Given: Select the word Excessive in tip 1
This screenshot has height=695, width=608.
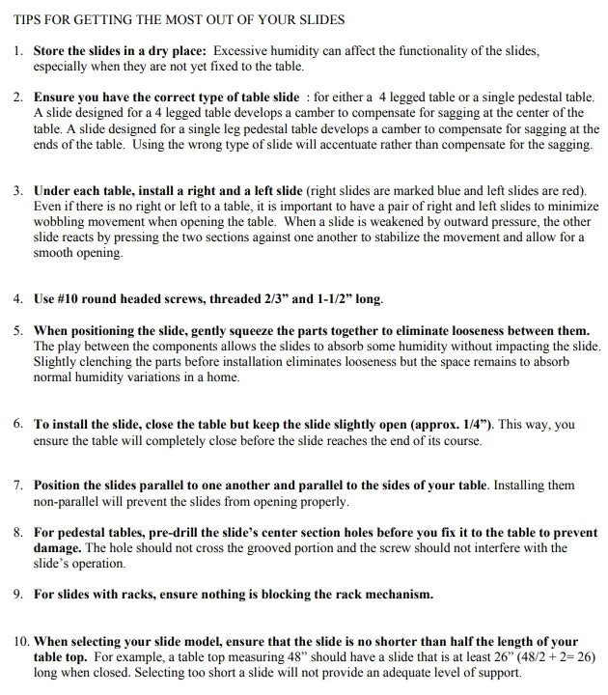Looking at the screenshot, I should (x=245, y=50).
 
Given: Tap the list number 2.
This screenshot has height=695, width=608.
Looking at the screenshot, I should (x=18, y=98).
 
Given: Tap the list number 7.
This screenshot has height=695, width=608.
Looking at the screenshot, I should (x=18, y=486).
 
